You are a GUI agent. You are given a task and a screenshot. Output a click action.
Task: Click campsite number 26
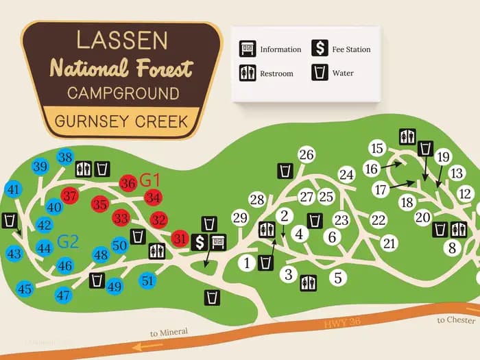(x=306, y=155)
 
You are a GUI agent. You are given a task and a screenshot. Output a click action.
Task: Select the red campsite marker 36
(x=128, y=183)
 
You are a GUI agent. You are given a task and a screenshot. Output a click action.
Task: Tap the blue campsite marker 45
(x=25, y=289)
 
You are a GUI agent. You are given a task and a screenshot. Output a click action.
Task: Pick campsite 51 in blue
(x=147, y=280)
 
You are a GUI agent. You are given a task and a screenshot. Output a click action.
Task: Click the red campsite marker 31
(x=180, y=239)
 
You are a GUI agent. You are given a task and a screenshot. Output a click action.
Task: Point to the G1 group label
(x=149, y=180)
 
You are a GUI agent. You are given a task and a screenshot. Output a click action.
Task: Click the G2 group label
(x=67, y=241)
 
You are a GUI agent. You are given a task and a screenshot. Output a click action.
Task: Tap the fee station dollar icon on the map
(x=200, y=241)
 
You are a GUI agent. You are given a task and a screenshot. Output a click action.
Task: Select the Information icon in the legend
(x=247, y=49)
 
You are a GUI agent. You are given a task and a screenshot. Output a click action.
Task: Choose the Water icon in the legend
(x=319, y=73)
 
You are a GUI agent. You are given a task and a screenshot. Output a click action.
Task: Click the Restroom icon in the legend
(x=247, y=73)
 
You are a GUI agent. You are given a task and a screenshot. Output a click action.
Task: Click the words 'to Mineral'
(x=169, y=333)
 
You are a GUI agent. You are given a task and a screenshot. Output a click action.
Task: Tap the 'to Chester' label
(x=455, y=320)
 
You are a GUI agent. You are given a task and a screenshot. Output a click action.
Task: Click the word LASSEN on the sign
(x=122, y=40)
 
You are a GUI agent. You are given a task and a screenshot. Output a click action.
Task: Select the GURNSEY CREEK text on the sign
(x=121, y=121)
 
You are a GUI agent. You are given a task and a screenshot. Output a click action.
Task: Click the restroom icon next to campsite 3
(x=309, y=282)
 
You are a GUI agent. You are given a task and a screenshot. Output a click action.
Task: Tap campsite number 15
(x=376, y=147)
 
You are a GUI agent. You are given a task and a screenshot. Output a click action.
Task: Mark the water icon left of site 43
(x=10, y=220)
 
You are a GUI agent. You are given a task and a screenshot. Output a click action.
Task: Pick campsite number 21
(x=389, y=243)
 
